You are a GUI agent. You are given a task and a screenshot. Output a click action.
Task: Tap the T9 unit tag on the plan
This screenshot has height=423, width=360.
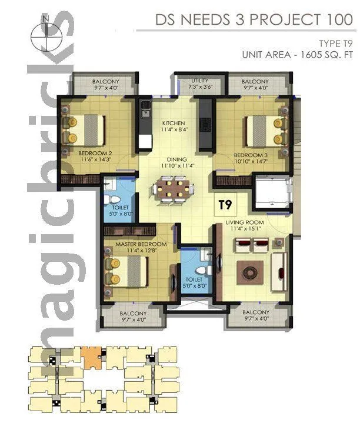[225, 205]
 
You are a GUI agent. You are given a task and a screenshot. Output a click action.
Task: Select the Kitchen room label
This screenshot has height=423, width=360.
[174, 123]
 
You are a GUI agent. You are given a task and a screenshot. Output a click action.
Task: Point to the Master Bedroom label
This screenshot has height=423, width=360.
[141, 244]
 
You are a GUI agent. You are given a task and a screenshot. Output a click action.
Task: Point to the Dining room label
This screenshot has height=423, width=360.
[176, 159]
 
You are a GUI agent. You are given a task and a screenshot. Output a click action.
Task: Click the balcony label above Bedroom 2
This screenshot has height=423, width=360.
[106, 81]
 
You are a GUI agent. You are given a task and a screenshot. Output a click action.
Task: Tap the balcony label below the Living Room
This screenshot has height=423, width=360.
[255, 312]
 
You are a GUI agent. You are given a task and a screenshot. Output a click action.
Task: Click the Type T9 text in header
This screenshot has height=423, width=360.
[335, 43]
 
